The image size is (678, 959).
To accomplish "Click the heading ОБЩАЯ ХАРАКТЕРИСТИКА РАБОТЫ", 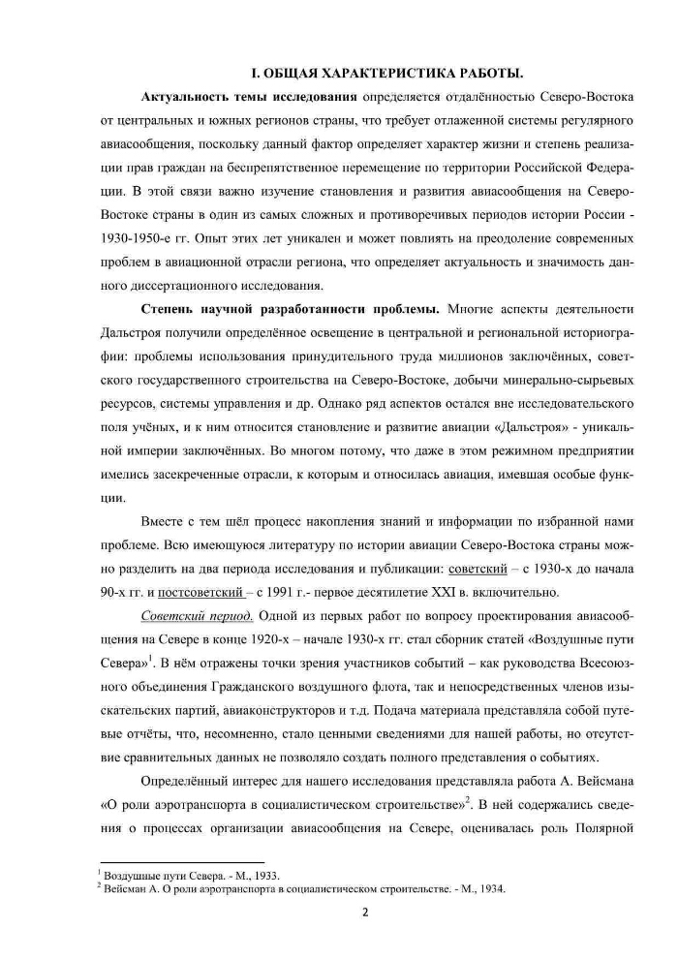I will [387, 74].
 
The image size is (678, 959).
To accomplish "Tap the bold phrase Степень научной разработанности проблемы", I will [291, 309].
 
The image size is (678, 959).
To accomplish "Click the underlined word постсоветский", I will [202, 592].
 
